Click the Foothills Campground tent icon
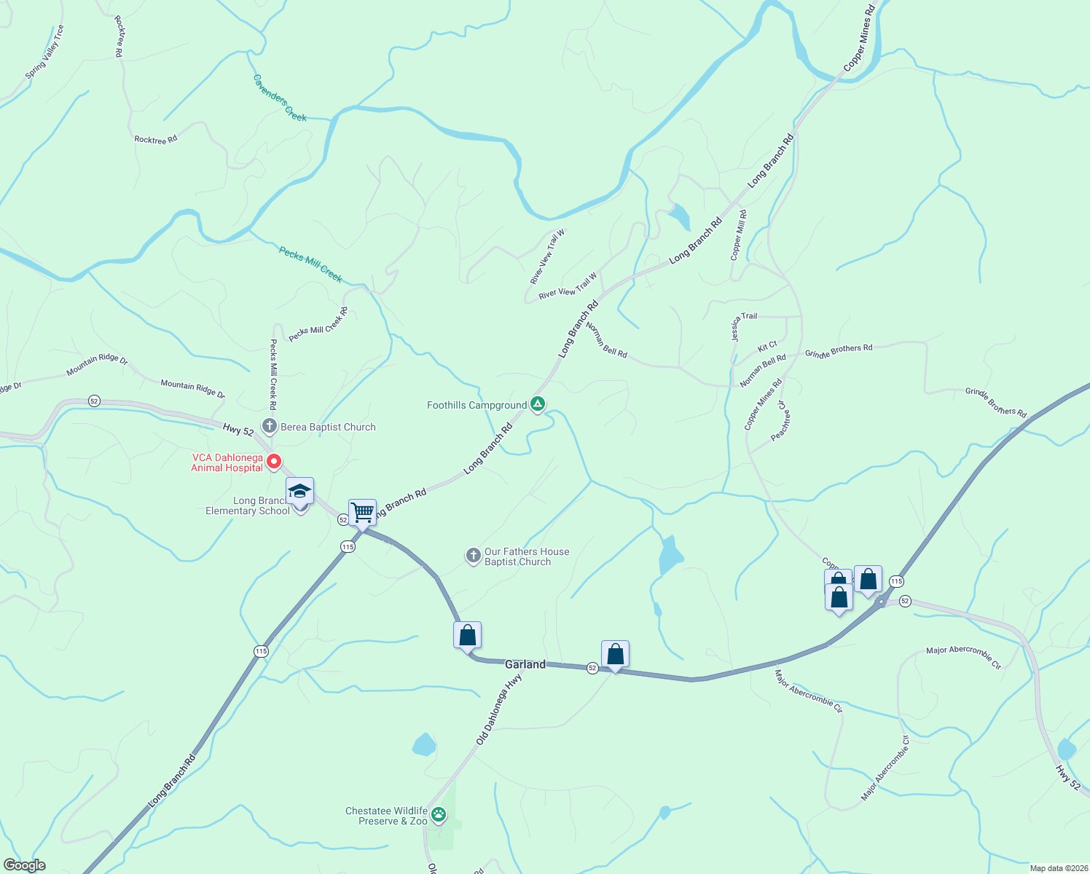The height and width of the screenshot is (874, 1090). (x=538, y=403)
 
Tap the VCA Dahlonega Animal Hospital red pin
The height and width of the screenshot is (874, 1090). (x=274, y=461)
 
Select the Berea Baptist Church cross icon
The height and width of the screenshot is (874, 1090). (x=269, y=426)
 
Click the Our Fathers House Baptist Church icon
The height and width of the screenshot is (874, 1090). (x=473, y=556)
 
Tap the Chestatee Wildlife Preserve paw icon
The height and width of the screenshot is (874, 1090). (x=439, y=814)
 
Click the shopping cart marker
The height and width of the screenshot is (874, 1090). (x=362, y=512)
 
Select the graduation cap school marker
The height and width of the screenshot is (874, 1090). (x=299, y=491)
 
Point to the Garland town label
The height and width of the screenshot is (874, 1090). (x=525, y=664)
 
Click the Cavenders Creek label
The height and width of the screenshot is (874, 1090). (x=281, y=98)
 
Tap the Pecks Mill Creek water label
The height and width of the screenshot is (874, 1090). (x=310, y=263)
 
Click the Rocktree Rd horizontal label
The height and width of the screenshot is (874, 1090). (x=156, y=139)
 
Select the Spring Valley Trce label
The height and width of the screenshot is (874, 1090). (x=45, y=52)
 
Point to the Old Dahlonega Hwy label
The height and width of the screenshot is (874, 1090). (x=499, y=709)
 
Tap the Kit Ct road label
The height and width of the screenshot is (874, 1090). (x=767, y=346)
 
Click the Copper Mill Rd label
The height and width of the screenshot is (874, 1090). (x=738, y=235)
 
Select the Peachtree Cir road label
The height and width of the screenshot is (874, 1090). (x=780, y=420)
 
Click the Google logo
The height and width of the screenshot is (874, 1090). (x=25, y=865)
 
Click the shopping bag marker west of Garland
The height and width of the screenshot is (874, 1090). (x=467, y=635)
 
